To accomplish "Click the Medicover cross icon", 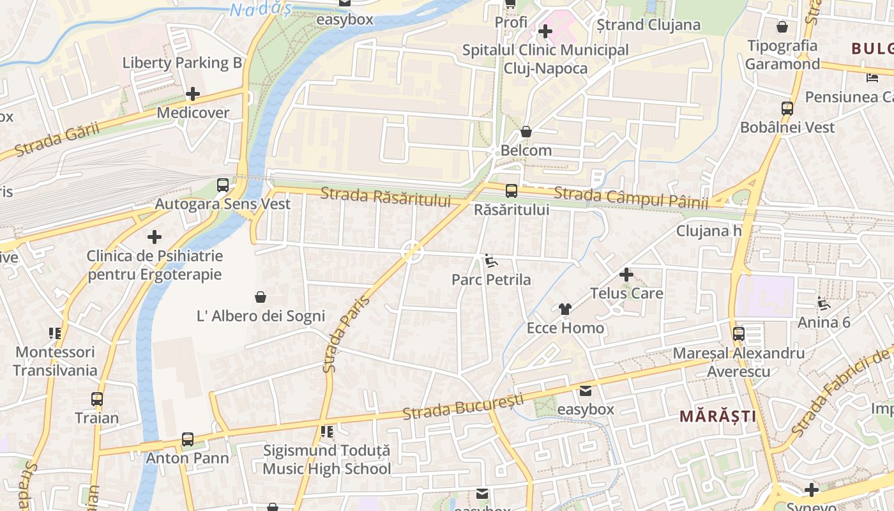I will pyautogui.click(x=192, y=94).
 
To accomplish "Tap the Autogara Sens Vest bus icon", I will pyautogui.click(x=223, y=185).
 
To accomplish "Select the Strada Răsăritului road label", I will pyautogui.click(x=385, y=196).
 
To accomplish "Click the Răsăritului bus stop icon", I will pyautogui.click(x=511, y=190).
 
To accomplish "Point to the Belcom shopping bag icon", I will pyautogui.click(x=526, y=132).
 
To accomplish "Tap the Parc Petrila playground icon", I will pyautogui.click(x=490, y=261).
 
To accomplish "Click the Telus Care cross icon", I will pyautogui.click(x=626, y=275).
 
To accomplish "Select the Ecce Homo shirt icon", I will pyautogui.click(x=564, y=309).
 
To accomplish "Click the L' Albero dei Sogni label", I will pyautogui.click(x=261, y=316).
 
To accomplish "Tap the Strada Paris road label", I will pyautogui.click(x=338, y=334).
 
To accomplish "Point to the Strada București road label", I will pyautogui.click(x=463, y=406).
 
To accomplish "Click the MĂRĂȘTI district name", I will pyautogui.click(x=718, y=416).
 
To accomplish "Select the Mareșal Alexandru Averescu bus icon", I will pyautogui.click(x=739, y=333).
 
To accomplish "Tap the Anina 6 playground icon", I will pyautogui.click(x=824, y=303).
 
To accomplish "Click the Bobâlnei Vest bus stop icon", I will pyautogui.click(x=787, y=109).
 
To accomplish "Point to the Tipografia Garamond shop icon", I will pyautogui.click(x=782, y=27).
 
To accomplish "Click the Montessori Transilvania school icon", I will pyautogui.click(x=55, y=333).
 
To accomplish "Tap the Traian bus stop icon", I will pyautogui.click(x=96, y=399).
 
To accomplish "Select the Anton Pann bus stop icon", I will pyautogui.click(x=187, y=439).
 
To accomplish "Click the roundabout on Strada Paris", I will pyautogui.click(x=413, y=252).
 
